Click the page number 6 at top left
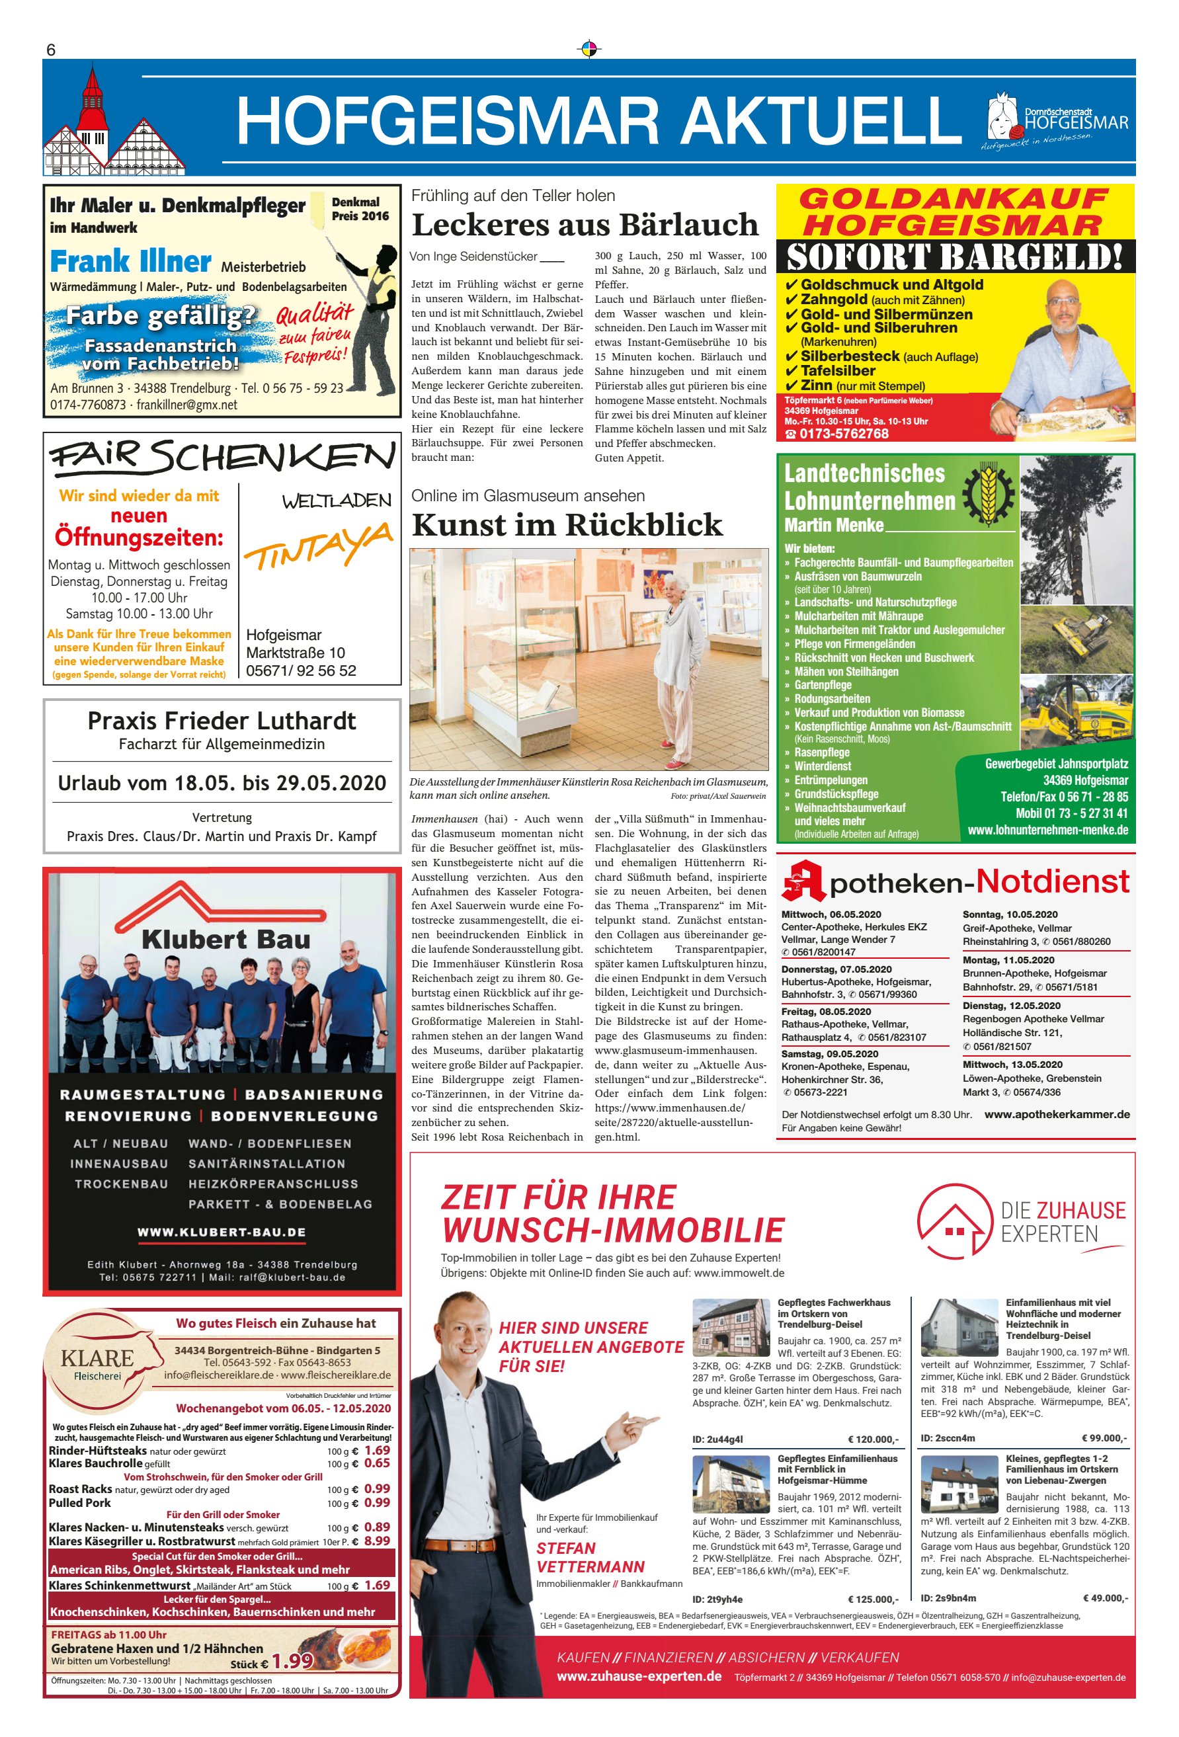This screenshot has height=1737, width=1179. (x=51, y=50)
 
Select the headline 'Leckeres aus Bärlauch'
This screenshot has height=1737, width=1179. (x=585, y=224)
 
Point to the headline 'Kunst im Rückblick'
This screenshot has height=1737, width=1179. (x=567, y=525)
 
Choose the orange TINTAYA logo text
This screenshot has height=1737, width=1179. (x=319, y=546)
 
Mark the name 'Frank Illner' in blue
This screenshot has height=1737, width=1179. (x=130, y=262)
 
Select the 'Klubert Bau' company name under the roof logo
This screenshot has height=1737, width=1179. (x=225, y=940)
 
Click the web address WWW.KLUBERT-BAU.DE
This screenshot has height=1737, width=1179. (x=222, y=1232)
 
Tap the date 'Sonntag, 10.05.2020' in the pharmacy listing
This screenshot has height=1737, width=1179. (x=1009, y=914)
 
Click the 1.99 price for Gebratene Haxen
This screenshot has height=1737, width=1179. (x=292, y=1660)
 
